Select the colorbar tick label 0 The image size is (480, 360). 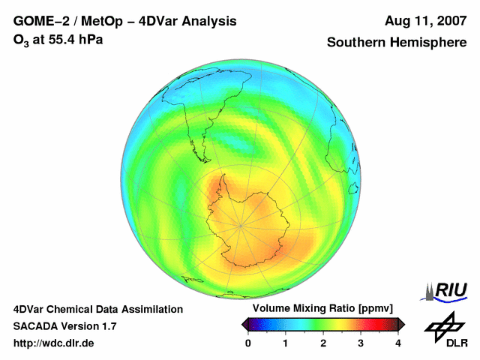click(x=248, y=343)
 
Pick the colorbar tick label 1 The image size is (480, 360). click(x=286, y=343)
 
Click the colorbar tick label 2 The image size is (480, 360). click(x=323, y=343)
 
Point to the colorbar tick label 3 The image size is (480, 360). click(x=361, y=343)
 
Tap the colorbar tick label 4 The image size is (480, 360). click(x=398, y=343)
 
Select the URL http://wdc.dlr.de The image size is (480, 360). click(x=54, y=343)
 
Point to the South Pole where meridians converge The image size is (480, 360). click(x=240, y=224)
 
